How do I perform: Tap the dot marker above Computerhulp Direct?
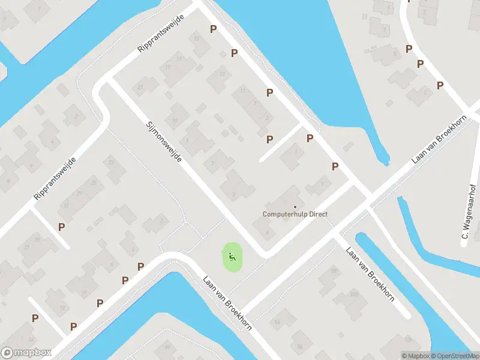coord(295,207)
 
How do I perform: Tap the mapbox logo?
coord(26,353)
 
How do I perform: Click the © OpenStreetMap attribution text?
coord(455,356)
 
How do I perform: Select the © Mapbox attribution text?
coord(415,356)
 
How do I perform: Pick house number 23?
coord(111,162)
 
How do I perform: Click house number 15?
coord(197,39)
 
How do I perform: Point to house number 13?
coord(223,74)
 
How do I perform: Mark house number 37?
coord(26,247)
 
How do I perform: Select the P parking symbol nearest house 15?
coord(212,29)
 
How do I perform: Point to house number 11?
coord(242,91)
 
